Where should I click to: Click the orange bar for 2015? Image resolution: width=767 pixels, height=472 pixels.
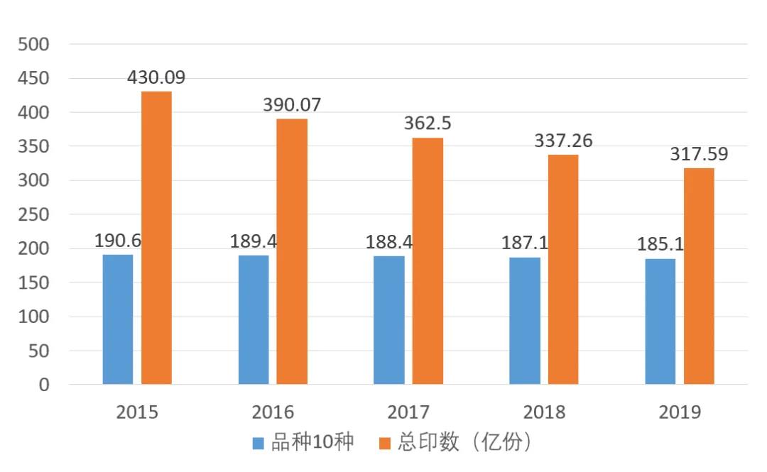tap(156, 238)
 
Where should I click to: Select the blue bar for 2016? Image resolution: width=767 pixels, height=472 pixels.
tap(254, 319)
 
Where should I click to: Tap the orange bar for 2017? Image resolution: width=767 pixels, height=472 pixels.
tap(428, 260)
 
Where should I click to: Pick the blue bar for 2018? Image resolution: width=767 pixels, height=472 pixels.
tap(525, 321)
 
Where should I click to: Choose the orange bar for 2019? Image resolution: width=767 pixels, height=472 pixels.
tap(699, 276)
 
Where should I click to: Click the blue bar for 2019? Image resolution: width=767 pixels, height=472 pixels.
tap(660, 322)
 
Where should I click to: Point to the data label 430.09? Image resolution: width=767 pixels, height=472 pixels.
tap(156, 77)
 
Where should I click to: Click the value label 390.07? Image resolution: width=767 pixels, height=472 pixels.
tap(292, 105)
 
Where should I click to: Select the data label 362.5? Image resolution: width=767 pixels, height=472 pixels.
tap(428, 124)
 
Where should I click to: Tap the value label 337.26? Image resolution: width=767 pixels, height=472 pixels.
tap(563, 141)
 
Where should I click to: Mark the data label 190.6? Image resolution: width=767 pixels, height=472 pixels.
tap(118, 240)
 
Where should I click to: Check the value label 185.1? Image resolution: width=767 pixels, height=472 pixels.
tap(660, 245)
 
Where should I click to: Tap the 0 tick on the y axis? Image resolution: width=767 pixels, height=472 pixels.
tap(44, 385)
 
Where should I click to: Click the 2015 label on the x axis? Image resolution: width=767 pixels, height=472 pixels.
tap(137, 412)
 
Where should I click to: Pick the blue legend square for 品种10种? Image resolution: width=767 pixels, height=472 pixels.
tap(259, 444)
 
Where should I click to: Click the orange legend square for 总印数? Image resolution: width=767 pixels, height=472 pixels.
tap(385, 444)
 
